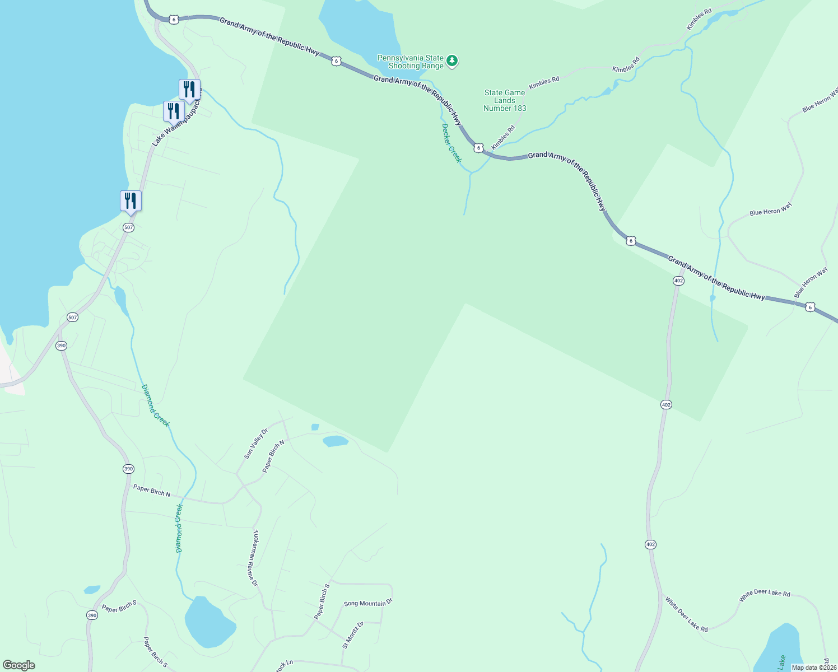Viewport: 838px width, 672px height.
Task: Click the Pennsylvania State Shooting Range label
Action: pos(411,62)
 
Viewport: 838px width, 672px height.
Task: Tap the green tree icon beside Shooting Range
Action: pos(453,60)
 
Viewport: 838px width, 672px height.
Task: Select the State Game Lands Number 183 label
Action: pos(505,101)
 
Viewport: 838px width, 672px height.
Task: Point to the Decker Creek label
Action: pos(451,143)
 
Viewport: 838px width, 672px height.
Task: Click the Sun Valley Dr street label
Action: pos(256,444)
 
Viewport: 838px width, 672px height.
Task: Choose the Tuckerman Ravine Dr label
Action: pos(255,558)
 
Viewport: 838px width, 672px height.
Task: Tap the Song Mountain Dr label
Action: pos(368,603)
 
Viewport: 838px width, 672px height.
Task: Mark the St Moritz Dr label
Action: pos(353,634)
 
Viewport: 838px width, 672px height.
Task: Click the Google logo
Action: pos(19,665)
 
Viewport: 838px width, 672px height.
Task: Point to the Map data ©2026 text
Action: pos(814,668)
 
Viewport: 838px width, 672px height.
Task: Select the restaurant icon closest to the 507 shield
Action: pos(131,200)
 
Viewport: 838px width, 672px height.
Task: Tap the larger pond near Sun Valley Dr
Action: pos(336,441)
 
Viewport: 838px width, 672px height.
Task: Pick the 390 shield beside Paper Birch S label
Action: pos(92,615)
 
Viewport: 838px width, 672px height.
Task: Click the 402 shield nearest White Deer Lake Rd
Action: pos(650,544)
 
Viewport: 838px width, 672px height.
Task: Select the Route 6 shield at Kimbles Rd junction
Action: pos(478,148)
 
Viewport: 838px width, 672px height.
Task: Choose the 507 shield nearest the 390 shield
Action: pos(72,317)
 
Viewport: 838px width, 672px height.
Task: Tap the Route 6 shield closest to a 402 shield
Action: pos(631,241)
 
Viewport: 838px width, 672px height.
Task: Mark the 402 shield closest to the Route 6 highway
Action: pos(678,281)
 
